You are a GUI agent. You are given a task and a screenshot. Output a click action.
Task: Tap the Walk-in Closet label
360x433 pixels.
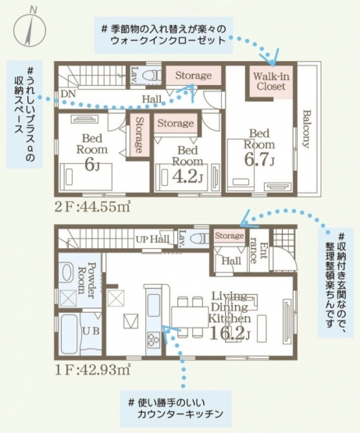pyautogui.click(x=271, y=81)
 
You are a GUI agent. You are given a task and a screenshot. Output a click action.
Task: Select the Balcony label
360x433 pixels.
pyautogui.click(x=306, y=129)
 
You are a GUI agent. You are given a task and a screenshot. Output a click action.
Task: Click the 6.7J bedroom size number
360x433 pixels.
pyautogui.click(x=259, y=160)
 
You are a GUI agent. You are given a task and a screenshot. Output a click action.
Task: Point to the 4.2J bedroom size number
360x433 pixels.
pyautogui.click(x=187, y=176)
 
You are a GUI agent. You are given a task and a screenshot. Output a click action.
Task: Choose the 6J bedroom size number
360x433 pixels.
pyautogui.click(x=92, y=165)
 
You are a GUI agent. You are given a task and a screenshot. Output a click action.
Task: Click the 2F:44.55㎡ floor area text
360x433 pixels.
pyautogui.click(x=92, y=207)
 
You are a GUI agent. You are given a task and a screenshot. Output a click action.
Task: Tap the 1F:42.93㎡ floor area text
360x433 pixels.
pyautogui.click(x=92, y=370)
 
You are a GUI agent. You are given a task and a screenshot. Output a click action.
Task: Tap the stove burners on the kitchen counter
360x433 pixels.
pyautogui.click(x=153, y=339)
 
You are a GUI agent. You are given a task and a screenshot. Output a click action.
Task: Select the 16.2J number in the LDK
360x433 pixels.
pyautogui.click(x=230, y=333)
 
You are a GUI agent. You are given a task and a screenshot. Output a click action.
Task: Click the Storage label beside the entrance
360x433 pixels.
pyautogui.click(x=230, y=236)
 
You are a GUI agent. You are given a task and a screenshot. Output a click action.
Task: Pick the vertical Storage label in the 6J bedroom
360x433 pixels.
pyautogui.click(x=139, y=135)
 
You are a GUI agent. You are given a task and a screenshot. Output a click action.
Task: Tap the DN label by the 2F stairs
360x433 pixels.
pyautogui.click(x=68, y=94)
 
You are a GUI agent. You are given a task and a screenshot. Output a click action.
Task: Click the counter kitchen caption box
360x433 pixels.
pyautogui.click(x=176, y=408)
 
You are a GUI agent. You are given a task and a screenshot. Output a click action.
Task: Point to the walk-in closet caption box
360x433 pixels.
pyautogui.click(x=164, y=35)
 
